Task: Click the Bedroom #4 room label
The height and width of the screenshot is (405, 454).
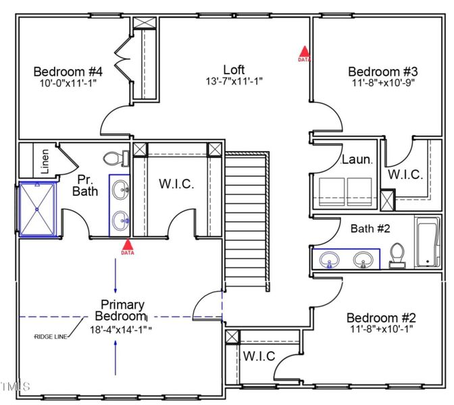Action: [68, 72]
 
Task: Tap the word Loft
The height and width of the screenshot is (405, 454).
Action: [234, 70]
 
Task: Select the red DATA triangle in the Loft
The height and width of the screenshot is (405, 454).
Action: [304, 51]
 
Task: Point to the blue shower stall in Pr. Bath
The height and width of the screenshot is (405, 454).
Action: [39, 209]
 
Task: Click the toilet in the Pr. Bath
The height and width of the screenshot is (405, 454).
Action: [117, 159]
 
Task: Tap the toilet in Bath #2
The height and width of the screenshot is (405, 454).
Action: [397, 255]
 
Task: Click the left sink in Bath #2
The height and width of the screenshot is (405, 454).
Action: [331, 259]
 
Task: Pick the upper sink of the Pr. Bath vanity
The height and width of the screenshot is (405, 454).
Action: [120, 188]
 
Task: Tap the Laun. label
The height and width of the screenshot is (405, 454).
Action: [357, 160]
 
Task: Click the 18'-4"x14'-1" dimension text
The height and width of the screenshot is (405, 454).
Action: [120, 330]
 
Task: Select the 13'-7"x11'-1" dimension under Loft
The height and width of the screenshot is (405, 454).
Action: [234, 82]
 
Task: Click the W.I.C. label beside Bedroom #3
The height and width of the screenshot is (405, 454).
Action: [405, 174]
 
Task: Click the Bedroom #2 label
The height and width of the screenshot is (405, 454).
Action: [381, 318]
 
